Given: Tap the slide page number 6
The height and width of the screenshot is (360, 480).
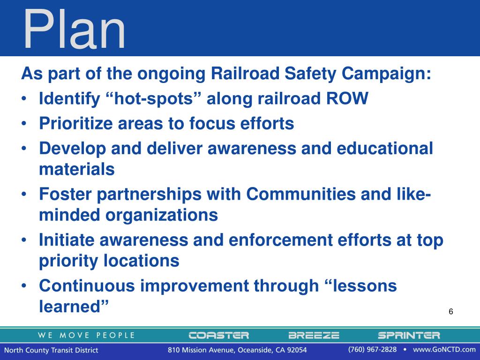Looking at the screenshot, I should (x=451, y=312).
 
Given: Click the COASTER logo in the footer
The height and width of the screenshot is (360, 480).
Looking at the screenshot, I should (x=218, y=335).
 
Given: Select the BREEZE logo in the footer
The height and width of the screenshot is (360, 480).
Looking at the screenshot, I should (x=314, y=335).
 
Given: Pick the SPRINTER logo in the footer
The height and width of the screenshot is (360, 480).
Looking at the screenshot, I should (x=409, y=335).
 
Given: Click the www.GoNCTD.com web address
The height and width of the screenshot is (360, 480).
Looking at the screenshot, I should (x=444, y=350).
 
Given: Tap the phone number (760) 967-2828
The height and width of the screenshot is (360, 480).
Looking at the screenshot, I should (x=372, y=350).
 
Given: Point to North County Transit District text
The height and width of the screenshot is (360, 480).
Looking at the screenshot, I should (x=52, y=350).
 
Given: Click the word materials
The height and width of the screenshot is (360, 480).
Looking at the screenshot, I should (x=76, y=169).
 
